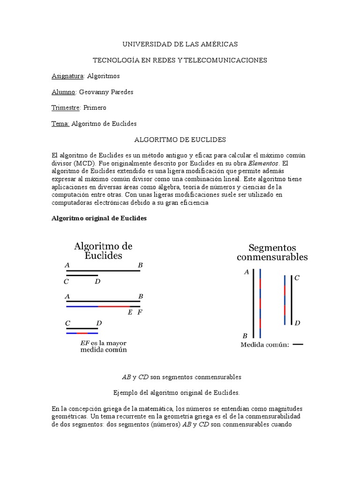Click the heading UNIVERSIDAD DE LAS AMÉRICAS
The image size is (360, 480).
pos(180,44)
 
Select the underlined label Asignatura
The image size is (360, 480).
pos(67,76)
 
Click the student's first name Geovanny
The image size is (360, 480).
pos(94,92)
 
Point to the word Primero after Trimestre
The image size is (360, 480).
pos(95,108)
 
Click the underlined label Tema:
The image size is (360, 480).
pos(60,124)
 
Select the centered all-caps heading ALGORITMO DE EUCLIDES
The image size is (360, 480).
pos(180,140)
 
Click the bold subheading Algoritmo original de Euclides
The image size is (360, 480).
pos(98,218)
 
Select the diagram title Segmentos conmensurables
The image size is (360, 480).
pos(272,252)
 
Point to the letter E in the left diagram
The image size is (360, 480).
pos(130,313)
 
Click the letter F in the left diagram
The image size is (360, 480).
pos(140,313)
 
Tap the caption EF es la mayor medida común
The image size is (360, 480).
pos(103,346)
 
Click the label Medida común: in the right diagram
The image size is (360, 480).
pos(264,345)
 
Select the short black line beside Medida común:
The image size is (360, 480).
pos(298,345)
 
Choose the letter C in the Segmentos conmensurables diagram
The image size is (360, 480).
pos(297,278)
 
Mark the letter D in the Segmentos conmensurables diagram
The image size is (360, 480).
pos(297,323)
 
